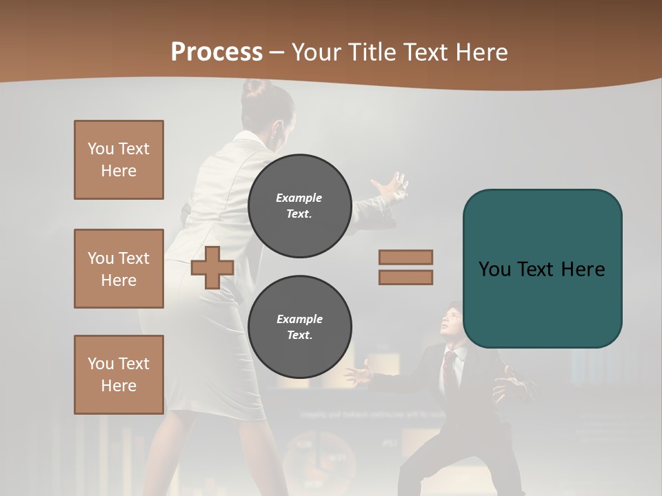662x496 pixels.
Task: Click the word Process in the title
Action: pyautogui.click(x=217, y=52)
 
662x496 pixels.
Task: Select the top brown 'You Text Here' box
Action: pyautogui.click(x=119, y=160)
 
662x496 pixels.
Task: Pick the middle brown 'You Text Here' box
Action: pyautogui.click(x=119, y=269)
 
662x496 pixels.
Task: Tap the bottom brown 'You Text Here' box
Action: pyautogui.click(x=119, y=375)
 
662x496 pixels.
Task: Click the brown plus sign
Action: pyautogui.click(x=212, y=267)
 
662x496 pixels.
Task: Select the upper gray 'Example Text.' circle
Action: pyautogui.click(x=300, y=205)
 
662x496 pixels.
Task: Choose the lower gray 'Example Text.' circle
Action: pyautogui.click(x=300, y=327)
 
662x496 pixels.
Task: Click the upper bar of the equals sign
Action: pyautogui.click(x=405, y=257)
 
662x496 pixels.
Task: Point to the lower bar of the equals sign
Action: pyautogui.click(x=405, y=277)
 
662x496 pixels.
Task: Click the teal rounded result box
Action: pyautogui.click(x=542, y=269)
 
